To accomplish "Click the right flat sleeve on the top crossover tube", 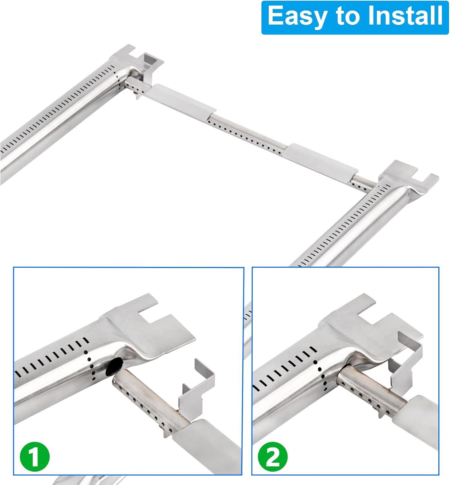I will pos(322,159).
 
